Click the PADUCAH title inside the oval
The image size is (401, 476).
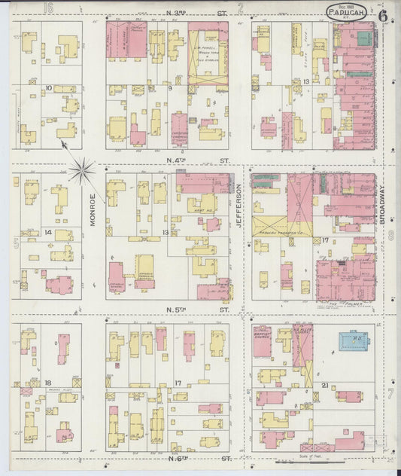[347, 11]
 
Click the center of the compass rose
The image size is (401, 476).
[84, 169]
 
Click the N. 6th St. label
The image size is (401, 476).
[197, 457]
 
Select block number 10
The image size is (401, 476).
[48, 89]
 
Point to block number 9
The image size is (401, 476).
[170, 89]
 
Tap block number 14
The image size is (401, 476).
[48, 233]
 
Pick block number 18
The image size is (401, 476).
[47, 383]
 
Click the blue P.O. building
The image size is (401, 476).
[348, 342]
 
